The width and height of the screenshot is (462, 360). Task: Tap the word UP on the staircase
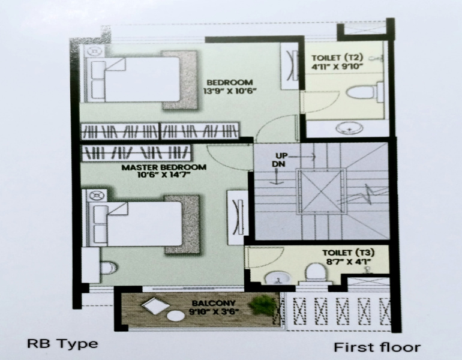coord(281,155)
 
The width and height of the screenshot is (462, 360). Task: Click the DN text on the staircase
coord(278,164)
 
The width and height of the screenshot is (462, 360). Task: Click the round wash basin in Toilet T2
coord(349,128)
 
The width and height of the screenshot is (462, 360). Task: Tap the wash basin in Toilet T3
coord(276,278)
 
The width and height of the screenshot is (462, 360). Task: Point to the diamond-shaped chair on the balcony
coord(155,305)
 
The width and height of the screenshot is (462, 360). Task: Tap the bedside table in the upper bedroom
coord(95,50)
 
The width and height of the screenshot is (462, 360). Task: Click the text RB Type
coord(62,344)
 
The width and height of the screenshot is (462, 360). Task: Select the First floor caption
coord(377,347)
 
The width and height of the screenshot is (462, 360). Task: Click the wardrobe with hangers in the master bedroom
coord(136,152)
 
